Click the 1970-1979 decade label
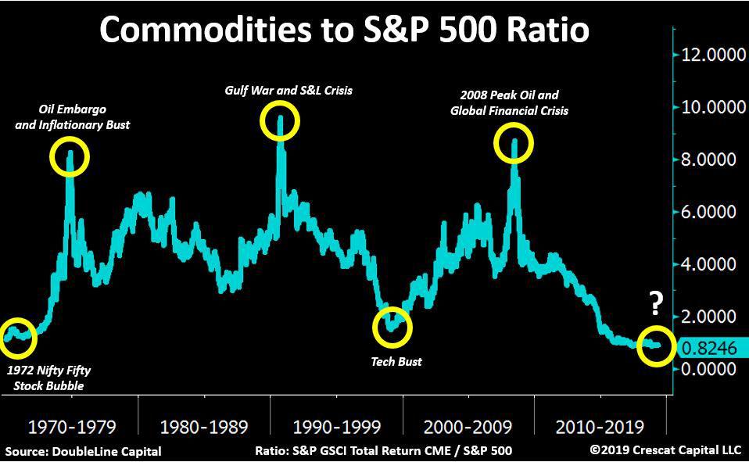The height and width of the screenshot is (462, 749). point(72,427)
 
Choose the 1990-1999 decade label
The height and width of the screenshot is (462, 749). point(336,427)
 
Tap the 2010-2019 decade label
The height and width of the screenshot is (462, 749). point(600,427)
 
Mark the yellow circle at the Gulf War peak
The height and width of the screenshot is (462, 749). point(279,121)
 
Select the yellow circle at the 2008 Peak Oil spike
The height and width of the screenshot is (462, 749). point(514,143)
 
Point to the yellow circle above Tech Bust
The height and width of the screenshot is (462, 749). point(392,328)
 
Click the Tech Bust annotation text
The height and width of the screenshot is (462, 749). point(396,362)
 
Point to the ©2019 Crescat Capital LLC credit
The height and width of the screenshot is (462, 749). point(665,451)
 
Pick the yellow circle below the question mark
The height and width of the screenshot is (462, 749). point(655,346)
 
